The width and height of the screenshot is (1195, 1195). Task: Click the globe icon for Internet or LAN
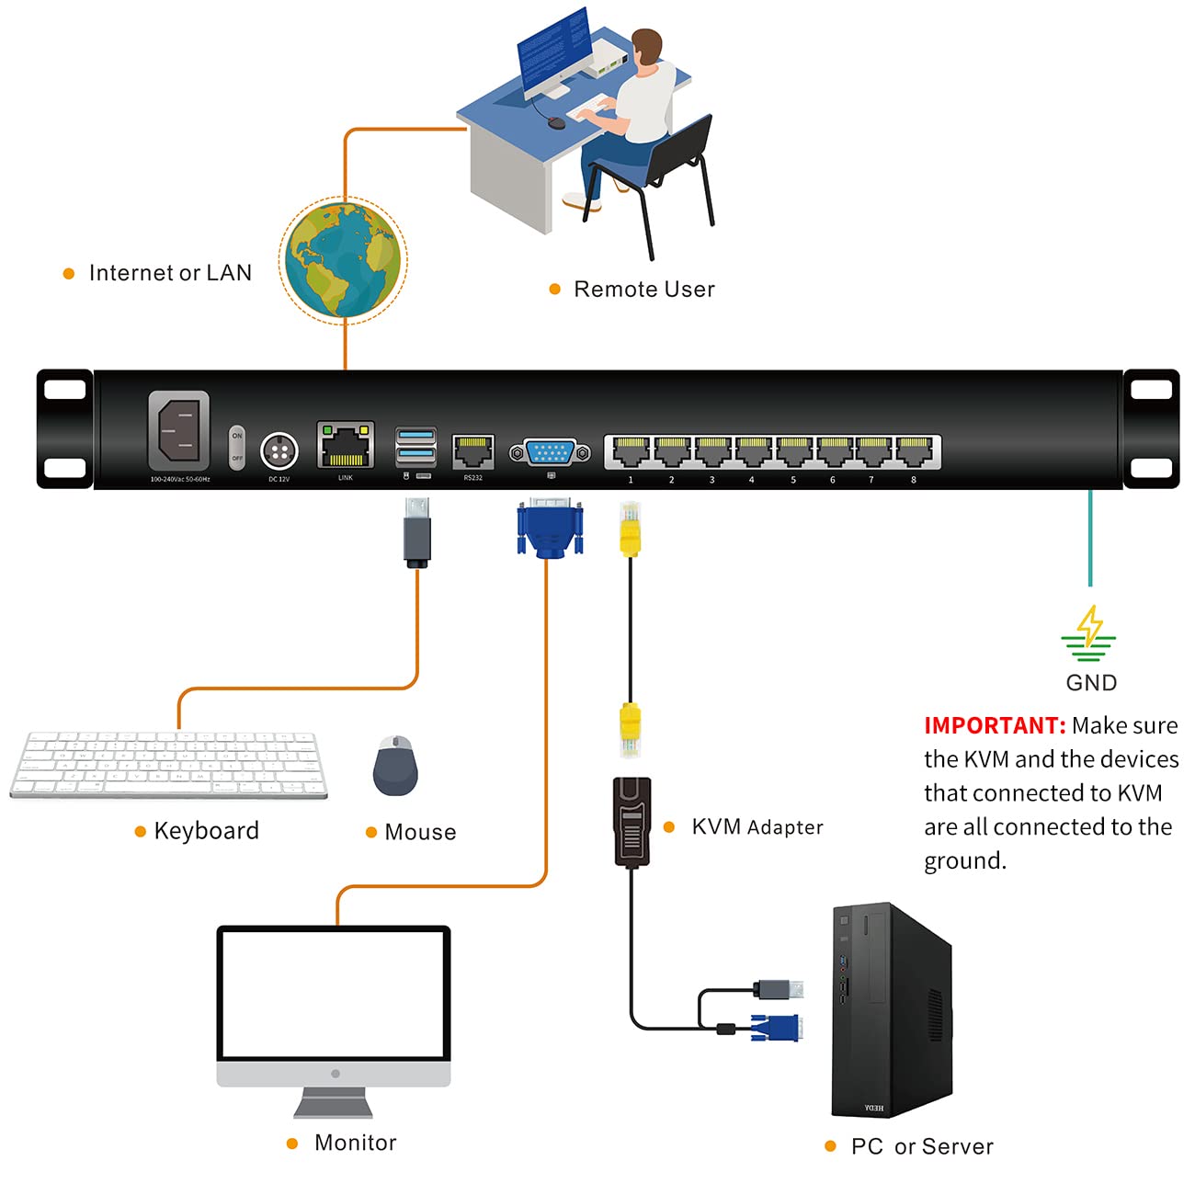point(343,260)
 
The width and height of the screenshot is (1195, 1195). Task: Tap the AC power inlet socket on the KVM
point(178,430)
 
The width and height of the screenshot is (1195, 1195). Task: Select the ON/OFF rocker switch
point(237,447)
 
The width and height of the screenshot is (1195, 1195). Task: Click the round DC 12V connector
point(279,451)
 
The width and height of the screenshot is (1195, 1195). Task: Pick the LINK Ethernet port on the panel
point(346,445)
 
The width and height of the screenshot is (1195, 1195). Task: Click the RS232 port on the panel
point(473,451)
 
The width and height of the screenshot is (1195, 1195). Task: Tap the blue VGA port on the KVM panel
point(550,452)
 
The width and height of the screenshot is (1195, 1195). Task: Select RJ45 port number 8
point(914,451)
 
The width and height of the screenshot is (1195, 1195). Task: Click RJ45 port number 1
point(631,451)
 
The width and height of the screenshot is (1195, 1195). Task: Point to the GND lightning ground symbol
point(1089,633)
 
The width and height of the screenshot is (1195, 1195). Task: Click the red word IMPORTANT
point(994,725)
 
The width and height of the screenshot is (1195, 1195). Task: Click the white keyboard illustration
point(168,765)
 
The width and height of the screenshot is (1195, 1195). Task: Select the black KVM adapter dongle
point(632,821)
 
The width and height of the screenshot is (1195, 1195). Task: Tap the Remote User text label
point(643,290)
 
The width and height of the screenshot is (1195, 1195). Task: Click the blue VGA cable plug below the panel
point(550,529)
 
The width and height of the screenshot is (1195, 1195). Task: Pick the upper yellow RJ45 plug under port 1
point(630,530)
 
